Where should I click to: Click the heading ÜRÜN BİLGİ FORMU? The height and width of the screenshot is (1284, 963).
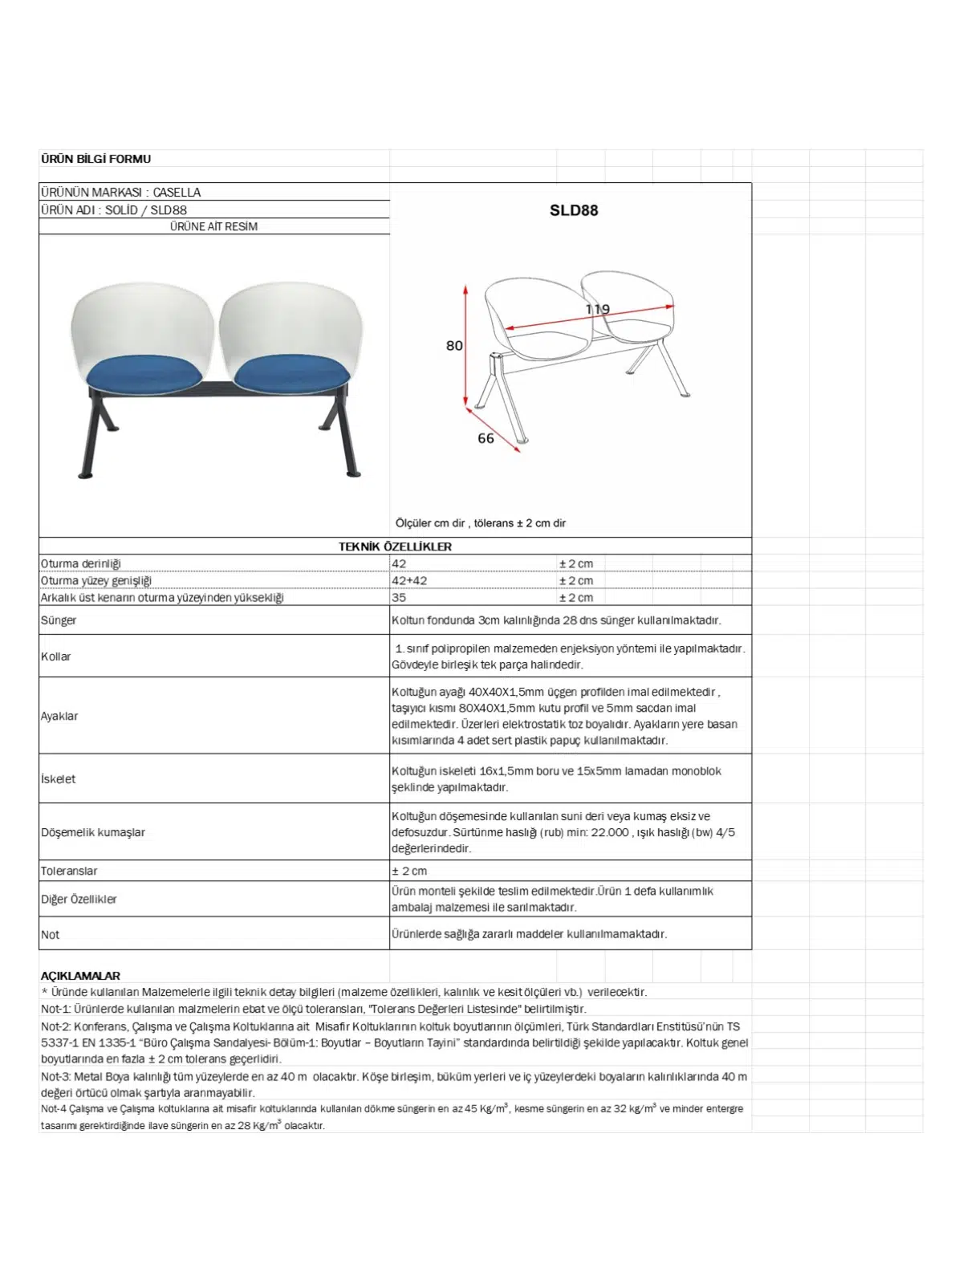[x=95, y=159]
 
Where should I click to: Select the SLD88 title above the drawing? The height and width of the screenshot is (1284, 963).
[x=574, y=210]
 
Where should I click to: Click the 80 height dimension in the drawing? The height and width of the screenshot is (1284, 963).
[x=454, y=346]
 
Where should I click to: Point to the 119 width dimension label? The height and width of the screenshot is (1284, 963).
[x=598, y=310]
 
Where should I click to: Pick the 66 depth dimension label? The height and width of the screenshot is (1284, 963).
[x=486, y=438]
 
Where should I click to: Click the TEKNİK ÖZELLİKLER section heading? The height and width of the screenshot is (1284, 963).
[x=395, y=547]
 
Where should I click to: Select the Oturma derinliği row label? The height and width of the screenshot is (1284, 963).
[x=81, y=563]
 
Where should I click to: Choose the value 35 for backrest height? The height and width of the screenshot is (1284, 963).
[x=399, y=597]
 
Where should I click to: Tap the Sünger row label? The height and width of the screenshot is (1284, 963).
[x=59, y=620]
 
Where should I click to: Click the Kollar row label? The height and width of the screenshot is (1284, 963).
[x=56, y=656]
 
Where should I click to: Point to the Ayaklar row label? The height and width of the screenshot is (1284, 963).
[x=59, y=716]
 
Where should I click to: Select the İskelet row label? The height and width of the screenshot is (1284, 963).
[x=58, y=778]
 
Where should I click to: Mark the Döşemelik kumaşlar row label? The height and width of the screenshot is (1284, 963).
[x=93, y=832]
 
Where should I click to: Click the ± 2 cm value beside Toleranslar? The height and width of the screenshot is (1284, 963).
[x=409, y=871]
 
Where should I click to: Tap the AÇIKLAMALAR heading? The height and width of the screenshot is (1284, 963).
[x=80, y=976]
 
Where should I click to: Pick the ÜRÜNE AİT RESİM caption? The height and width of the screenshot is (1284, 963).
[x=213, y=227]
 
